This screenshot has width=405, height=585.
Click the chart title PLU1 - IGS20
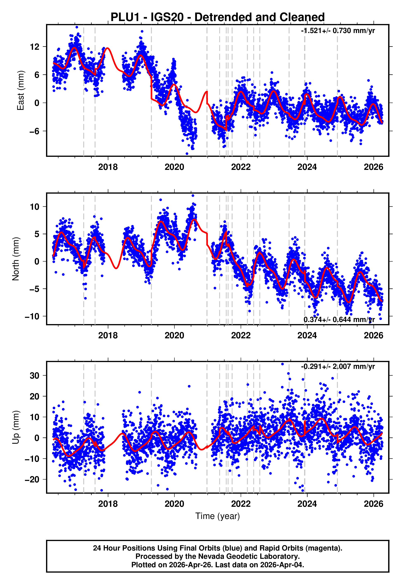click(218, 17)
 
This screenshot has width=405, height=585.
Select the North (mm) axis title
click(16, 259)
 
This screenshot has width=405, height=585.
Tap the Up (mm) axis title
click(16, 427)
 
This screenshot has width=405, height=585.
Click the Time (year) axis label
click(218, 516)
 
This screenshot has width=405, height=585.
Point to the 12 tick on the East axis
click(34, 47)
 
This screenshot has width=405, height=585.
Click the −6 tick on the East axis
click(34, 131)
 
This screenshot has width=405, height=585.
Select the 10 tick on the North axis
click(34, 207)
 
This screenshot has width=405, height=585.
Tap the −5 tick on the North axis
click(34, 289)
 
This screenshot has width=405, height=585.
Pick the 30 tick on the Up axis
click(34, 375)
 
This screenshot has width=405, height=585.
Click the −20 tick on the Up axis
click(32, 480)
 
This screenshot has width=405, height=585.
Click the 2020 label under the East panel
click(174, 167)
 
